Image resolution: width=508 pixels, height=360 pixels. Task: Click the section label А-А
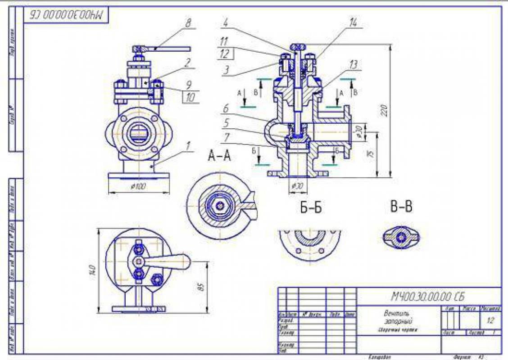point(219,156)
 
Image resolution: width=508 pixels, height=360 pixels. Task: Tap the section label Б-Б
point(311,207)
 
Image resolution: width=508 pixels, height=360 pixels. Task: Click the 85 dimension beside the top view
point(201,286)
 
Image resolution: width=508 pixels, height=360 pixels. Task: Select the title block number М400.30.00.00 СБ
point(427,296)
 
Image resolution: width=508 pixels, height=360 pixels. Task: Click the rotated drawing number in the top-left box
point(67,15)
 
